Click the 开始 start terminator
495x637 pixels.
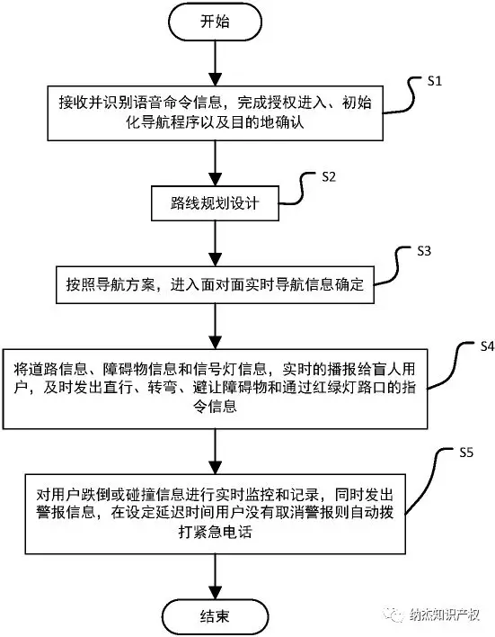click(214, 22)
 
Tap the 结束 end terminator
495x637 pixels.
click(214, 615)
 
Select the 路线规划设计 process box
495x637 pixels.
click(214, 204)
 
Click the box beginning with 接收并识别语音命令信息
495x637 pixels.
click(214, 113)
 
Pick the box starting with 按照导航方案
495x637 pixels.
click(214, 286)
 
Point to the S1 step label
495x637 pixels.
click(435, 81)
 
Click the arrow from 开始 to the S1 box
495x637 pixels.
click(214, 63)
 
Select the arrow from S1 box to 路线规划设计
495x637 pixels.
click(214, 164)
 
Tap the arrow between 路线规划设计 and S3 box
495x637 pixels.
click(214, 243)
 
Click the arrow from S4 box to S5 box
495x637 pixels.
click(214, 446)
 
